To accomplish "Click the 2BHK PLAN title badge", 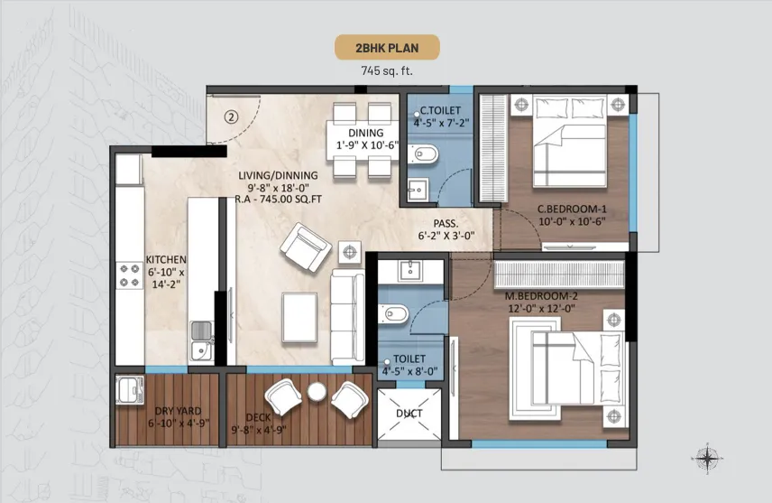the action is tap(387, 48).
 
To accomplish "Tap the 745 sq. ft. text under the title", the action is tap(387, 71).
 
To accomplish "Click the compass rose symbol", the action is tap(707, 459).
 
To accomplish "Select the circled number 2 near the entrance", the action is tap(232, 116).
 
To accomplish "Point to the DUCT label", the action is tap(409, 414).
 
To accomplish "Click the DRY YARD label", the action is tap(178, 411).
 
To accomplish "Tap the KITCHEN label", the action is tap(166, 259).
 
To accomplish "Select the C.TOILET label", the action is tap(440, 110).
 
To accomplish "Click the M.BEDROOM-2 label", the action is tap(541, 296).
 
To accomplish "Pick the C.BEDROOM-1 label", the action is tap(572, 210).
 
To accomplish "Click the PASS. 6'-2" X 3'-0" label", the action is tap(446, 229).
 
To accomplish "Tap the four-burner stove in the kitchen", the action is tap(130, 275).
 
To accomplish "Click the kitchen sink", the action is tap(201, 340).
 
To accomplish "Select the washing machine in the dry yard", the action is tap(130, 390).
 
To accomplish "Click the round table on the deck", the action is tap(317, 392).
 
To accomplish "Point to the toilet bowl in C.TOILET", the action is tap(422, 154).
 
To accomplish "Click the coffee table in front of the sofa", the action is tap(299, 317).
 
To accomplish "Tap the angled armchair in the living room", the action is tap(306, 247).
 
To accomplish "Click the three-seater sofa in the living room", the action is tap(347, 318).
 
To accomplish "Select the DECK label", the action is tap(259, 424).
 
